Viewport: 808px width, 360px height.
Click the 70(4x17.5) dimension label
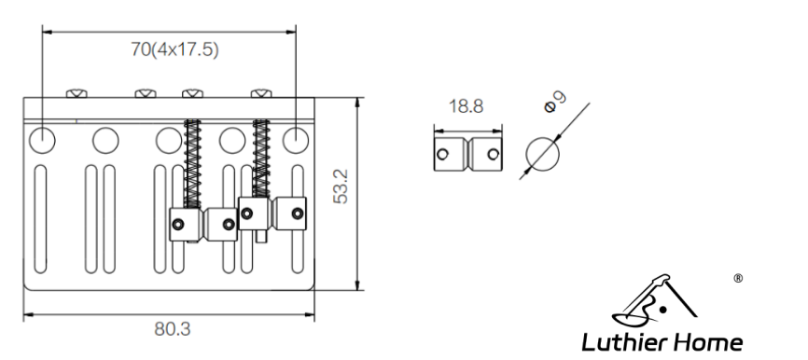click(174, 50)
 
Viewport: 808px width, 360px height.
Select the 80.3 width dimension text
click(172, 328)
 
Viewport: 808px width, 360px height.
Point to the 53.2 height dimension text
click(341, 187)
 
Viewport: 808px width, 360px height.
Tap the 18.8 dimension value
click(466, 106)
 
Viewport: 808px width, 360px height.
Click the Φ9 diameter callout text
click(555, 101)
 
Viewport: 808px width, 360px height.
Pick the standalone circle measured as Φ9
click(542, 154)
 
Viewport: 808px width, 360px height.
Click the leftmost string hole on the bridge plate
click(42, 140)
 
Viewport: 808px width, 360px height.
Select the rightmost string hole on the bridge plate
click(296, 140)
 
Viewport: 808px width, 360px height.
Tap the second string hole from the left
click(105, 140)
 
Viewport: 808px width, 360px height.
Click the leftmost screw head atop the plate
click(77, 94)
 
